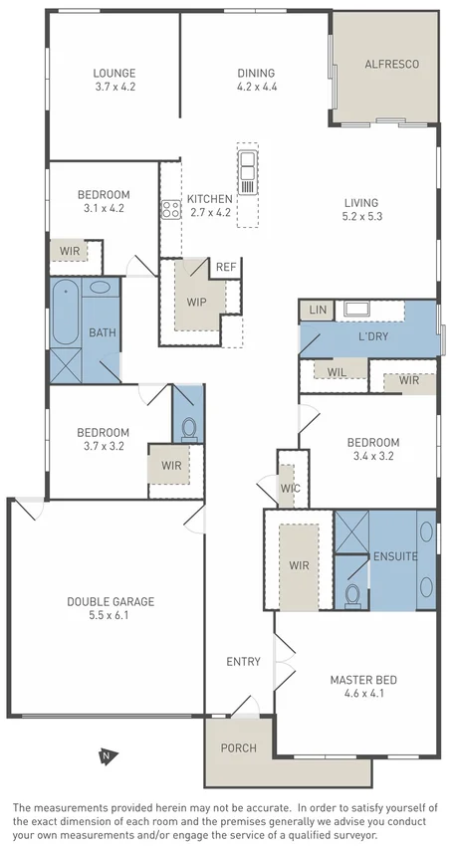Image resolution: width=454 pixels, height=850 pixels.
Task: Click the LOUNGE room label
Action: click(114, 73)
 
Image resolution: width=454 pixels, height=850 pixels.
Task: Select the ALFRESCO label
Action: click(391, 64)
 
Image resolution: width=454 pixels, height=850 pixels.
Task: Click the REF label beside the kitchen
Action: click(226, 267)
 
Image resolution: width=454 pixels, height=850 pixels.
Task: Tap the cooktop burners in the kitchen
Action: click(169, 209)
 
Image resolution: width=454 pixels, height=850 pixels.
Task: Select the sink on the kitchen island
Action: click(247, 161)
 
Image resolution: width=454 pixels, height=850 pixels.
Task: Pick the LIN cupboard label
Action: click(318, 311)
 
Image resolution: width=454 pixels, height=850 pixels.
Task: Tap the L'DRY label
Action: click(373, 336)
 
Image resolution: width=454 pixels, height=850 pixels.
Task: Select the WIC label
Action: click(290, 489)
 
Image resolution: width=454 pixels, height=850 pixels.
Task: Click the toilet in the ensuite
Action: click(350, 595)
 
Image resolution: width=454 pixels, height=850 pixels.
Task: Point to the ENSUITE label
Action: click(395, 556)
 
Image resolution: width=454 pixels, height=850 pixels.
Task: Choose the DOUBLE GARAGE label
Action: click(111, 601)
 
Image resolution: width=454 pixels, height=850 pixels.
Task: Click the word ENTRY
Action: click(243, 662)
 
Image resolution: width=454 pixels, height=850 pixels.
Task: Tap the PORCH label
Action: click(238, 747)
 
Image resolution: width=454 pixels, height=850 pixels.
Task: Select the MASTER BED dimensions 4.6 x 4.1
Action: click(363, 694)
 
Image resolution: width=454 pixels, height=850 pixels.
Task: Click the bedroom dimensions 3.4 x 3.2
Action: click(372, 456)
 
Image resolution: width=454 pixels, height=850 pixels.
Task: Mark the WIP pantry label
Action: click(195, 301)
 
